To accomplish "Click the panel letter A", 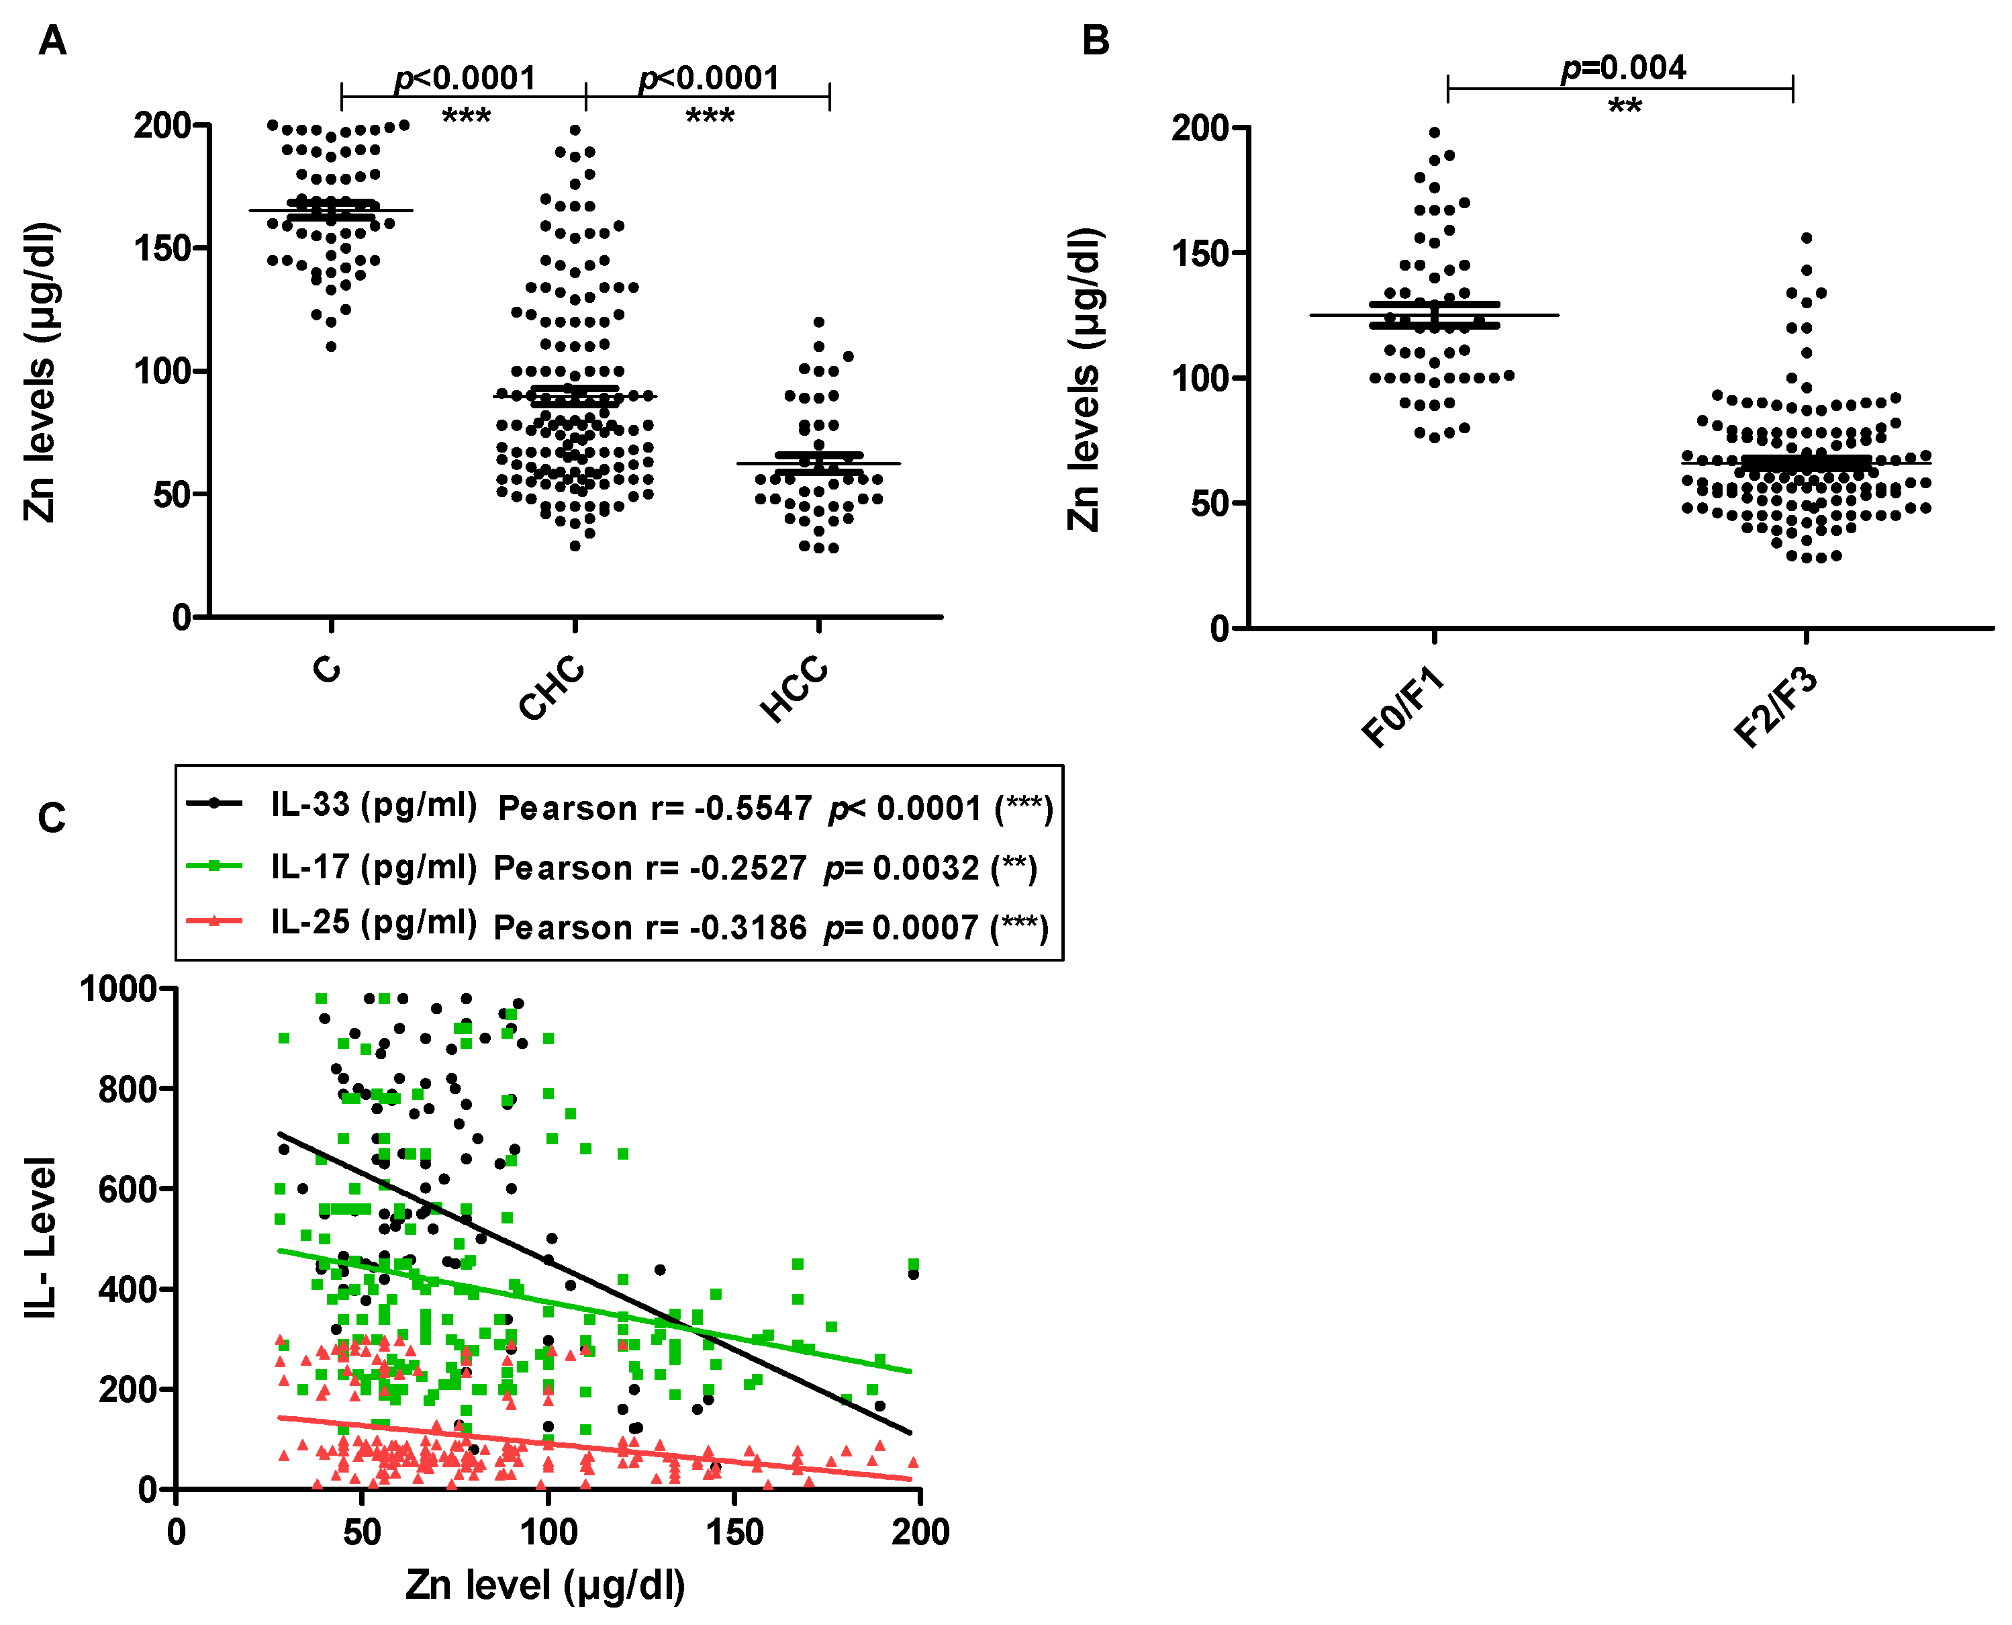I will (52, 41).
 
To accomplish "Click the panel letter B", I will (1095, 41).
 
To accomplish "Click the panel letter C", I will (52, 818).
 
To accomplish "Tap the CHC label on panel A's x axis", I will (552, 689).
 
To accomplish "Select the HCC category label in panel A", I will (794, 689).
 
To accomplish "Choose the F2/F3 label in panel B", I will (1774, 708).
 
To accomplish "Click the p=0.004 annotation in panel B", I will (1624, 67).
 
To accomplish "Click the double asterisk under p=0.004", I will (1625, 107).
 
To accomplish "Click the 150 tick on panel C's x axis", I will (734, 1532).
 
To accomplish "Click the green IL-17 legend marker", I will (214, 866).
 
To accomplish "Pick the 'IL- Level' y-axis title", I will (41, 1238).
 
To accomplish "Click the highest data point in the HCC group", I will (819, 322).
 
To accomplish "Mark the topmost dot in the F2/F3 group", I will (1806, 238).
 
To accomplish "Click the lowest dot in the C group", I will (331, 346).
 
